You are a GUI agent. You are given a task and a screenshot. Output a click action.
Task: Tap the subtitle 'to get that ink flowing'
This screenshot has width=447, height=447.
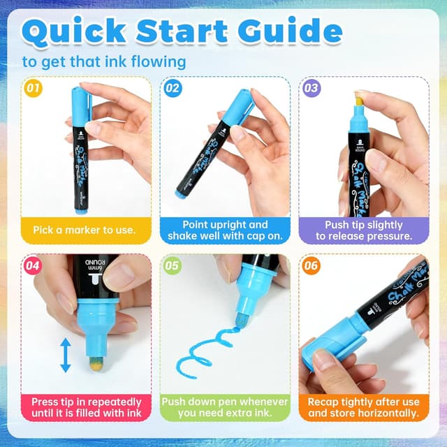pos(103,61)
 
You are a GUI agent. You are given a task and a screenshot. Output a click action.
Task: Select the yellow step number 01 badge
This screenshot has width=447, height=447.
pos(31,89)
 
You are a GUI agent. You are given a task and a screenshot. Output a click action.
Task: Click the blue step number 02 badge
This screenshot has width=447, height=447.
pos(172,89)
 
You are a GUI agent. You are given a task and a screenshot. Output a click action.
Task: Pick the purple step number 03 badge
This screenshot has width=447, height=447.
pos(312,89)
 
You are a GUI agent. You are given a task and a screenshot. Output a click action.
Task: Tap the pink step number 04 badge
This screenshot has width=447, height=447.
pos(32,266)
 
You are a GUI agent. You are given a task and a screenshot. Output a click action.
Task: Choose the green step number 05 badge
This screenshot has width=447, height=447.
pos(172,266)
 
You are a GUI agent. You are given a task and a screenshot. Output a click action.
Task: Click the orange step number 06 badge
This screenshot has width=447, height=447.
pos(312,266)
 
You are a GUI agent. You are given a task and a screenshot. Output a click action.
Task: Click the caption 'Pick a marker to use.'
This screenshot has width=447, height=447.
pos(85,229)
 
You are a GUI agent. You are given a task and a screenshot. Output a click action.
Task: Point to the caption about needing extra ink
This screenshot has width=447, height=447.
pos(225,407)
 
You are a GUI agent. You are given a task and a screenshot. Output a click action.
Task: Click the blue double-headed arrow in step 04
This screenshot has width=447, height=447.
pos(65,355)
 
